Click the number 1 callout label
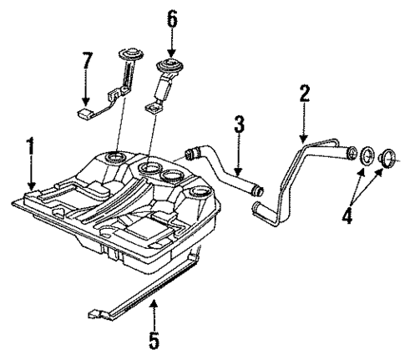click(x=31, y=150)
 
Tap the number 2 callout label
click(x=305, y=93)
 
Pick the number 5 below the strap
click(x=154, y=341)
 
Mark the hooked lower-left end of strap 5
click(x=94, y=314)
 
